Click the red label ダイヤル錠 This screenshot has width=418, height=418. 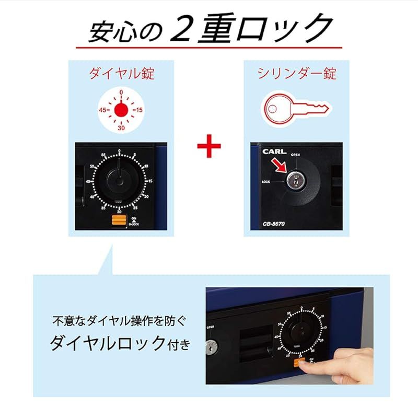pyautogui.click(x=121, y=73)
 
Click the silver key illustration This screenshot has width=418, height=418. pyautogui.click(x=295, y=108)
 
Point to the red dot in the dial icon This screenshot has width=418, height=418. pyautogui.click(x=121, y=110)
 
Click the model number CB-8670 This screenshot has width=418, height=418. pyautogui.click(x=274, y=225)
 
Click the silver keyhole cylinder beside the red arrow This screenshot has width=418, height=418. pyautogui.click(x=293, y=181)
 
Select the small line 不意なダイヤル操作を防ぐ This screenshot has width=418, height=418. pyautogui.click(x=118, y=320)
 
